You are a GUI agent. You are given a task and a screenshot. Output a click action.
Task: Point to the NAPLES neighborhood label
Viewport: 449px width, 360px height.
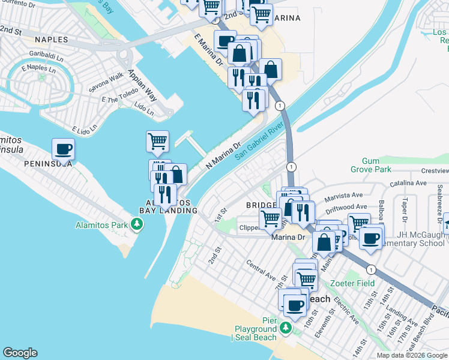pos(53,40)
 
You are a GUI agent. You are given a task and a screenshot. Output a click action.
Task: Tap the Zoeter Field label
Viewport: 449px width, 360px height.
pos(351,283)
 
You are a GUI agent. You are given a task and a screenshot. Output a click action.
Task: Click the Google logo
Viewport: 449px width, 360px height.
pos(20,353)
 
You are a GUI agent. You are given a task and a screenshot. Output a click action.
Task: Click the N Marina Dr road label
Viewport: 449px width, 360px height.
pos(223,155)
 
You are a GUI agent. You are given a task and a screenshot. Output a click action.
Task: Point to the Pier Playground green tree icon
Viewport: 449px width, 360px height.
pos(286,328)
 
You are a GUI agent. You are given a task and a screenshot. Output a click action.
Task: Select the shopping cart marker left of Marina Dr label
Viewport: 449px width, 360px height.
pos(270,218)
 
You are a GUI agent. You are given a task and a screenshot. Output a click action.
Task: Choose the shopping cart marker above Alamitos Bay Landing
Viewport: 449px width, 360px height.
pos(157,142)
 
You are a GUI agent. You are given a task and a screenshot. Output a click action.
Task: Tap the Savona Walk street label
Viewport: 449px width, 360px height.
pos(107,79)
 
